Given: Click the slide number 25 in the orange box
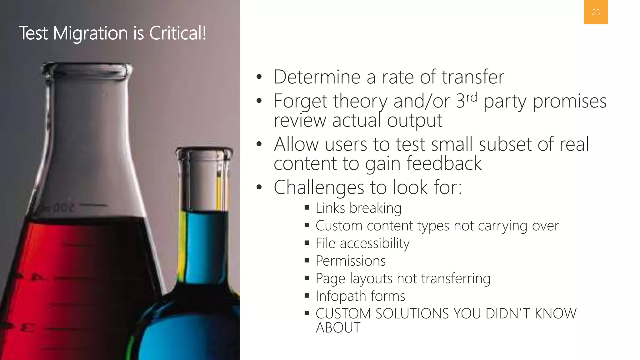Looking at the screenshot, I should click(x=596, y=12).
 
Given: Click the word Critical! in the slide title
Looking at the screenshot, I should click(x=177, y=33).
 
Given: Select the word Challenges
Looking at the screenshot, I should click(x=319, y=187).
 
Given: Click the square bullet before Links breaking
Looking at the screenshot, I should click(x=307, y=207).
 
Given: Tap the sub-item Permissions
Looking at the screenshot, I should click(x=351, y=261).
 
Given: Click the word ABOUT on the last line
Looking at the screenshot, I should click(x=338, y=327).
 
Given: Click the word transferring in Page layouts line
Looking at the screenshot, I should click(x=456, y=278).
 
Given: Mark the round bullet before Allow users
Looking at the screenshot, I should click(x=259, y=144).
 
